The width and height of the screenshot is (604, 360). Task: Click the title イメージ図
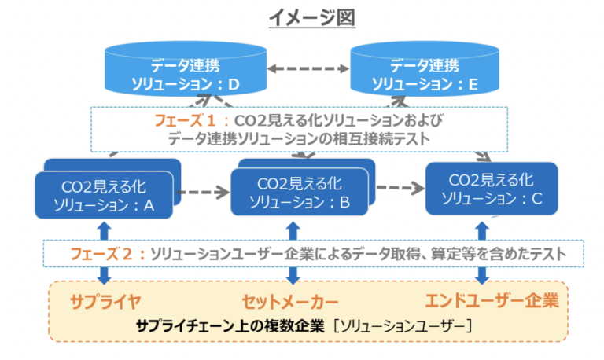click(312, 18)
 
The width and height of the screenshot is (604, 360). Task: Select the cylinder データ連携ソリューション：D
click(186, 69)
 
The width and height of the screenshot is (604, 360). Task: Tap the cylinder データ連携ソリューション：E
click(425, 69)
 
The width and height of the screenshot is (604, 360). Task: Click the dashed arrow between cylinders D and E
click(308, 69)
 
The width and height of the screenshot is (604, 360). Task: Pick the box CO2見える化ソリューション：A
click(104, 195)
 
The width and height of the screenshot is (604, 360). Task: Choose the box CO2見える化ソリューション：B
click(300, 192)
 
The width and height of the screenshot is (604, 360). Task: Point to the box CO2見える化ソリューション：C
click(492, 189)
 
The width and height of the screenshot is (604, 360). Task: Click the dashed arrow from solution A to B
click(203, 192)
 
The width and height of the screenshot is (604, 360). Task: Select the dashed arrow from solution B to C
click(400, 188)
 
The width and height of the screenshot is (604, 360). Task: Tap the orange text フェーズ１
click(185, 121)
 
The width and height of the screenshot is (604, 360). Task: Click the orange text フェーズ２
click(101, 254)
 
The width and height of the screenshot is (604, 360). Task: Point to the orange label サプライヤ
click(105, 303)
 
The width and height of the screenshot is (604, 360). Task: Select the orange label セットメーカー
click(290, 303)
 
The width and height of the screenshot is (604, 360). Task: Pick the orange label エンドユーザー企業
click(492, 301)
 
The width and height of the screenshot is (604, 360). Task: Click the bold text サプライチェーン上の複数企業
click(230, 326)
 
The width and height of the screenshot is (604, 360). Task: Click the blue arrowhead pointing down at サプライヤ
click(104, 278)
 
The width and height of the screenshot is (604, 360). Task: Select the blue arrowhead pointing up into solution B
click(293, 227)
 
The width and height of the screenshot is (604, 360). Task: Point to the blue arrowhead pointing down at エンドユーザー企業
click(482, 278)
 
